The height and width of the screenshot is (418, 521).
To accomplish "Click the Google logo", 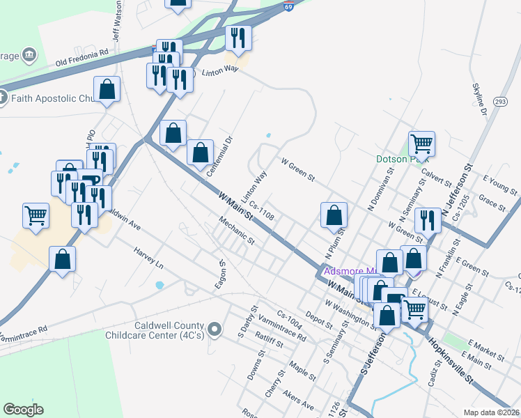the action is [23, 410].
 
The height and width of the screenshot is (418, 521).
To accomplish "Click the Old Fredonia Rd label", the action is [83, 52].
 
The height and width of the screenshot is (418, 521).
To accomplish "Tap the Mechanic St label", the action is [236, 232].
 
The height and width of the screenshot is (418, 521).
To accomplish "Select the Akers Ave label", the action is [298, 400].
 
